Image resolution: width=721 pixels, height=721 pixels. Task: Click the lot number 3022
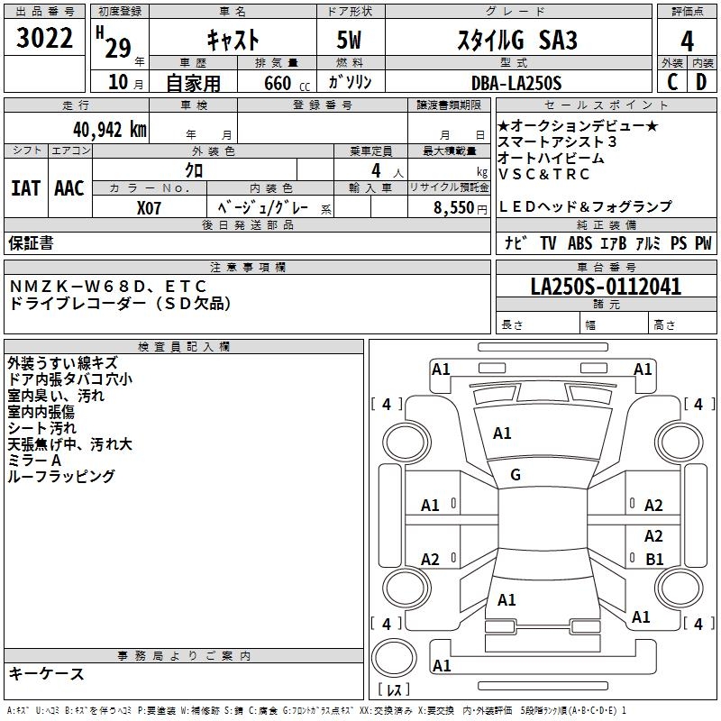click(x=45, y=40)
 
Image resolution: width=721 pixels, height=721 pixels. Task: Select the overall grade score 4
click(x=687, y=41)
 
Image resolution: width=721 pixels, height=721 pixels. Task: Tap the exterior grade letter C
click(x=671, y=82)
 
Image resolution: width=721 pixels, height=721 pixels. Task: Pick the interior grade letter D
click(x=701, y=82)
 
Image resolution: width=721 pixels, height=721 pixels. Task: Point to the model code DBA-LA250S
click(x=516, y=83)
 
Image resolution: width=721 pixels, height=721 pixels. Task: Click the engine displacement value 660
click(x=276, y=83)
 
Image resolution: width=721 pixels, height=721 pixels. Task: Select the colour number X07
click(x=150, y=207)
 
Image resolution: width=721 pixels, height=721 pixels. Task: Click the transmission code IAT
click(x=26, y=188)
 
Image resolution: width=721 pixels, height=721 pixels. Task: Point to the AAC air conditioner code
click(x=69, y=188)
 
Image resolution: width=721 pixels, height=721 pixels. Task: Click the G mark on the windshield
click(x=516, y=475)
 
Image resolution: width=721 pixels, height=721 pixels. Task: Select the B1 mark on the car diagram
click(x=654, y=559)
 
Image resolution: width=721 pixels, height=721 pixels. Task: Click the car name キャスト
click(x=233, y=41)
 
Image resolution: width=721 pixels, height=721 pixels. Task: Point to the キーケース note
click(x=47, y=673)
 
